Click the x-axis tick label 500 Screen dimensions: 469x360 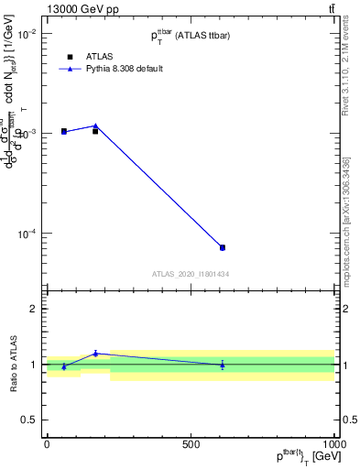(x=191, y=444)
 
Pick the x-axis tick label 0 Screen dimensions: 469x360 (x=47, y=444)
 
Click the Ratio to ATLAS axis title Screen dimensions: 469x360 (x=12, y=364)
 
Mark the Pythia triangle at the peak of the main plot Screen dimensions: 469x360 (x=95, y=125)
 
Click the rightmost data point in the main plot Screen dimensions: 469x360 (x=223, y=247)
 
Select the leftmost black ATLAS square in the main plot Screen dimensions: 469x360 (x=64, y=131)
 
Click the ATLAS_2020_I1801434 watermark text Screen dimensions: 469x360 (x=191, y=274)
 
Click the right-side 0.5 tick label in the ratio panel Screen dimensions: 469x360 (x=349, y=420)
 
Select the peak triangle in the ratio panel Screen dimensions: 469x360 (x=95, y=353)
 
